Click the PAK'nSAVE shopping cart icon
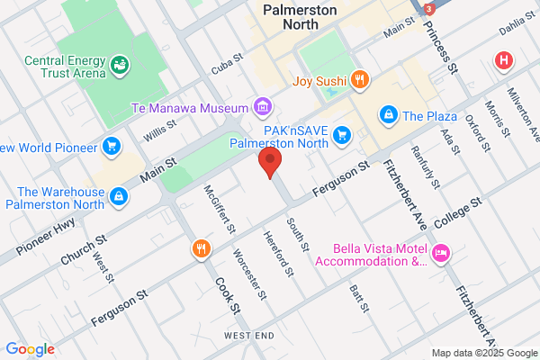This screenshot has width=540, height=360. tap(342, 135)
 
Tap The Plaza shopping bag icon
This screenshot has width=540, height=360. tap(388, 115)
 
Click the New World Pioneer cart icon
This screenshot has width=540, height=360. tap(112, 146)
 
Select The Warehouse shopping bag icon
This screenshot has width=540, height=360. tap(119, 195)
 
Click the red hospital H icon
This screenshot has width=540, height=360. tap(504, 61)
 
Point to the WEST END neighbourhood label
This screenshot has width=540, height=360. tap(249, 336)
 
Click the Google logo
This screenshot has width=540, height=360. tap(30, 349)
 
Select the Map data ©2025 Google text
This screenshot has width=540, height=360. tap(481, 352)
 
